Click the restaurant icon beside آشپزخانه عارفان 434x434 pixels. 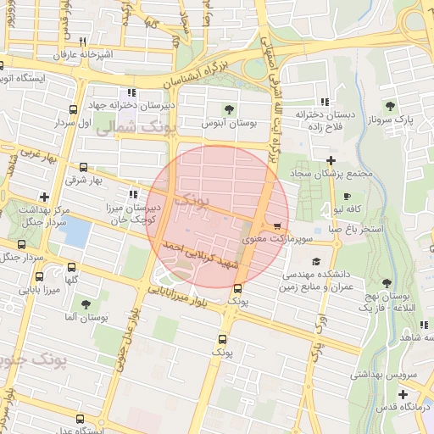point(82,42)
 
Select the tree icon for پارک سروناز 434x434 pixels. point(390,106)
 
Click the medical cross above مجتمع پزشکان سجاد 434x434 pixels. point(331,160)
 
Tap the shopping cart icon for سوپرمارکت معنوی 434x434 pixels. point(278,225)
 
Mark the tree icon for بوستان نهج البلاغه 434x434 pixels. point(387,283)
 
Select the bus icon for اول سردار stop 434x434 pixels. point(74,110)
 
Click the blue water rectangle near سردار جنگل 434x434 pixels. point(76,231)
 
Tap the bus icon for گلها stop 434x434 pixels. point(74,267)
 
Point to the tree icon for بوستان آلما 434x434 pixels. point(85,303)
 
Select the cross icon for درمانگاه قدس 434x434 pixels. point(402,394)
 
